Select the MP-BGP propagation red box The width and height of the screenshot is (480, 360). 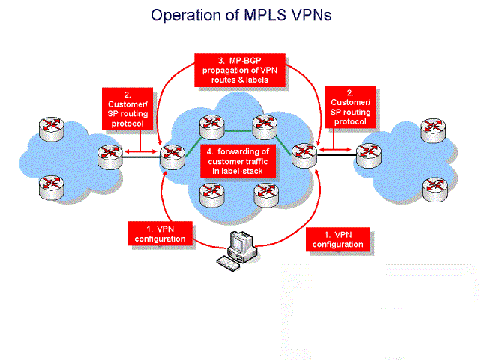click(x=240, y=70)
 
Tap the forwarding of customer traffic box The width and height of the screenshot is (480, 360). click(x=238, y=161)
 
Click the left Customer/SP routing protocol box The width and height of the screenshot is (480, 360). click(x=127, y=109)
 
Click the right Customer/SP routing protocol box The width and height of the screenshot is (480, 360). click(x=350, y=106)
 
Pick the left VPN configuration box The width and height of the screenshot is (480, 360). click(x=160, y=233)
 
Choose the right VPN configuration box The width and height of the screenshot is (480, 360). click(x=338, y=239)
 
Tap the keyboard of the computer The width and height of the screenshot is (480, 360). click(x=228, y=263)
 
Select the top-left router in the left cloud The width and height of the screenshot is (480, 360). click(x=52, y=128)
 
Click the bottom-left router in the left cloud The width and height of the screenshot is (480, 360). click(x=52, y=187)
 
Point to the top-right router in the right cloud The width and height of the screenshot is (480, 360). click(x=433, y=130)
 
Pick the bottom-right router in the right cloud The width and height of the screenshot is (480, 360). click(x=435, y=190)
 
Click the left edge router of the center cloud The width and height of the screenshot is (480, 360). click(x=172, y=157)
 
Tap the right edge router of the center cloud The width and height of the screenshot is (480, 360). click(x=304, y=155)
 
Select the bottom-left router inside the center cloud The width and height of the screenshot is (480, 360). click(x=211, y=195)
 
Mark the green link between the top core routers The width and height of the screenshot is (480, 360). click(x=238, y=131)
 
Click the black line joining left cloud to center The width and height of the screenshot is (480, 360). click(x=141, y=157)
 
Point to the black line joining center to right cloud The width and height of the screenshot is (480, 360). click(x=337, y=155)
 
